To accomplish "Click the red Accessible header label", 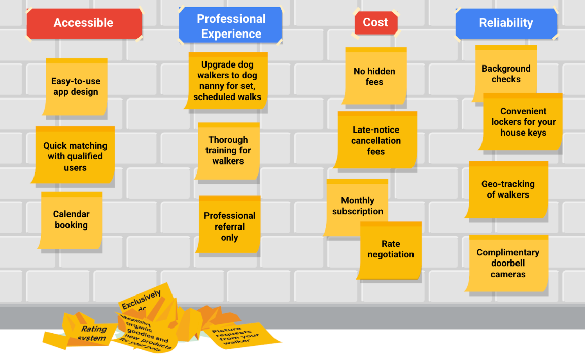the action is tap(84, 23).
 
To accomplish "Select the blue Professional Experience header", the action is tap(231, 26).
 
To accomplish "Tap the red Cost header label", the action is tap(375, 22).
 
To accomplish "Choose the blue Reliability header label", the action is tap(506, 23).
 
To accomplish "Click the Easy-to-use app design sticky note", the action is tap(76, 86).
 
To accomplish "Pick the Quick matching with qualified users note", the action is tap(75, 156).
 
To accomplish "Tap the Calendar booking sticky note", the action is tap(71, 220).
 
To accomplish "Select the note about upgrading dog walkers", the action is tap(227, 80).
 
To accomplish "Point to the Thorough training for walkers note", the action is tap(228, 150).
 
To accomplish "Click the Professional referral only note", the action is tap(229, 226).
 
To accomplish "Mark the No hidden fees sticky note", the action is tap(374, 76).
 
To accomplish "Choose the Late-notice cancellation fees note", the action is tap(376, 140).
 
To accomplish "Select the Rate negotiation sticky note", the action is tap(391, 250).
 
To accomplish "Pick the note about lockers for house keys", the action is tap(523, 122).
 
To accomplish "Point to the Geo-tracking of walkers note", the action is tap(507, 189).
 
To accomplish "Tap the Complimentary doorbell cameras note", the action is tap(507, 263).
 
